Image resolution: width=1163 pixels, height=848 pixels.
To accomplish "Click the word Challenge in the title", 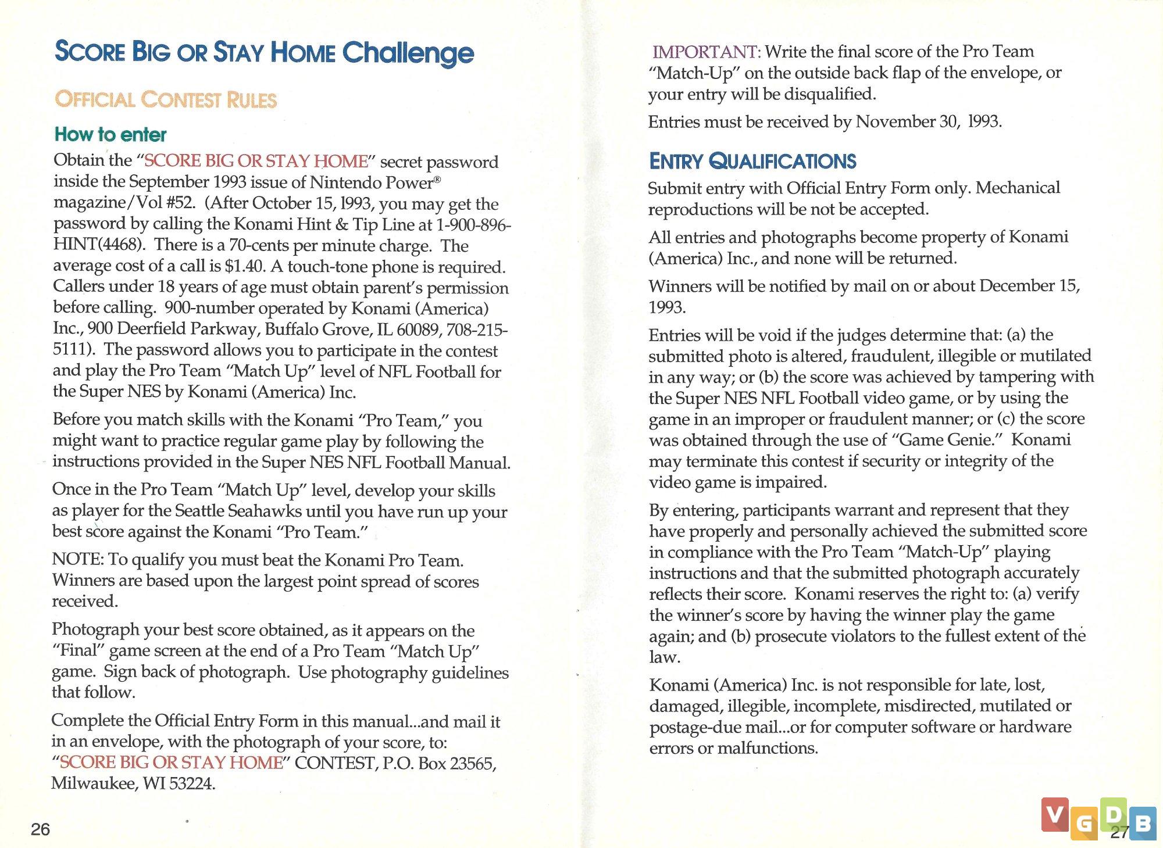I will click(x=408, y=53).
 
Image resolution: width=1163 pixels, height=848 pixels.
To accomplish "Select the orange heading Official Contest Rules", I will click(x=166, y=99).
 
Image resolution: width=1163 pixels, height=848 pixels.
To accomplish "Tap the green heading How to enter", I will click(x=110, y=134).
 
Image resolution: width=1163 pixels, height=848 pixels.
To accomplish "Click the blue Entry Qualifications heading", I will click(x=752, y=161).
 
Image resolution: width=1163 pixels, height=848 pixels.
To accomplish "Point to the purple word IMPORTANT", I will click(x=705, y=52).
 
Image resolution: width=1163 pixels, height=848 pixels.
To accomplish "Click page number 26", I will click(x=40, y=829).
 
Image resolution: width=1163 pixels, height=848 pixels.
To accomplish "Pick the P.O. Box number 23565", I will click(x=472, y=763).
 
